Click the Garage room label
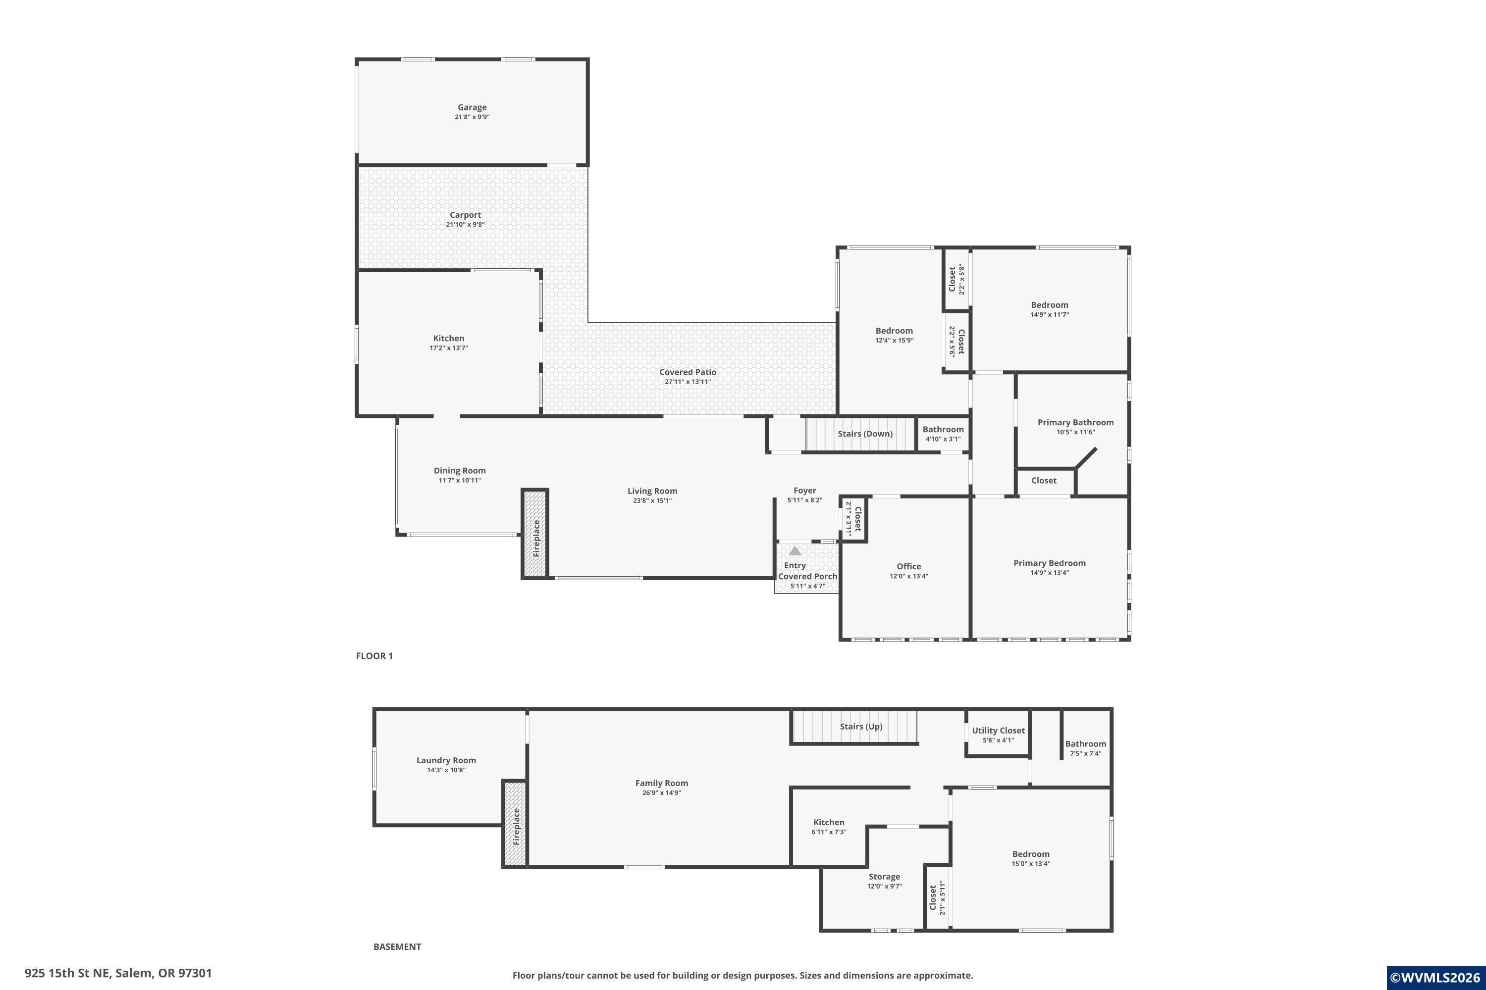coord(472,107)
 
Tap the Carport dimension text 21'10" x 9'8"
coord(466,225)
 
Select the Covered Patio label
coord(688,372)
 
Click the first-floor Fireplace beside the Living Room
coord(534,534)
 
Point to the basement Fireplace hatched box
coord(515,824)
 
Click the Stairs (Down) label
coord(865,434)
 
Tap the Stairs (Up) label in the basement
coord(860,727)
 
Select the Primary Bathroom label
coord(1075,422)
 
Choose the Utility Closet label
coord(998,731)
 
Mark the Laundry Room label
coord(446,760)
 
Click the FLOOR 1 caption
coord(374,656)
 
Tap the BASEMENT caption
coord(397,946)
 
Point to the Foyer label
coord(804,491)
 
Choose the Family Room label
coord(661,783)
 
